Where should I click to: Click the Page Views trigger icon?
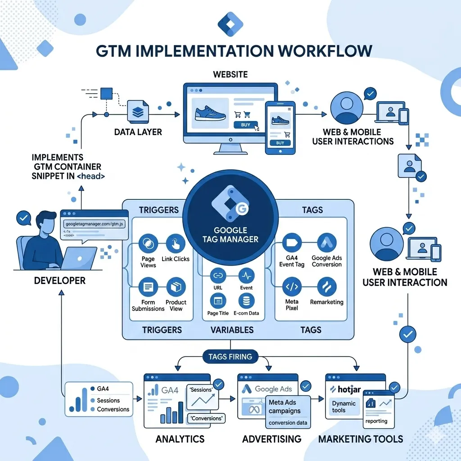tap(148, 244)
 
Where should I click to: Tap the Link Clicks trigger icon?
tap(176, 244)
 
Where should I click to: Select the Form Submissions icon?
tap(148, 287)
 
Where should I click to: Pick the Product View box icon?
tap(176, 287)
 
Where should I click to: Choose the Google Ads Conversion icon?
tap(327, 243)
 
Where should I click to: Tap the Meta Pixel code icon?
tap(292, 287)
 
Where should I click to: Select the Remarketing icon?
tap(327, 287)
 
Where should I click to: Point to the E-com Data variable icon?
tap(246, 300)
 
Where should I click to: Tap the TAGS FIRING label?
tap(230, 357)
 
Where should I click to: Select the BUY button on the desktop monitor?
tap(246, 126)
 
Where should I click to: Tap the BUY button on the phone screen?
tap(280, 143)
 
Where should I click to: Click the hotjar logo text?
tap(345, 389)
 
